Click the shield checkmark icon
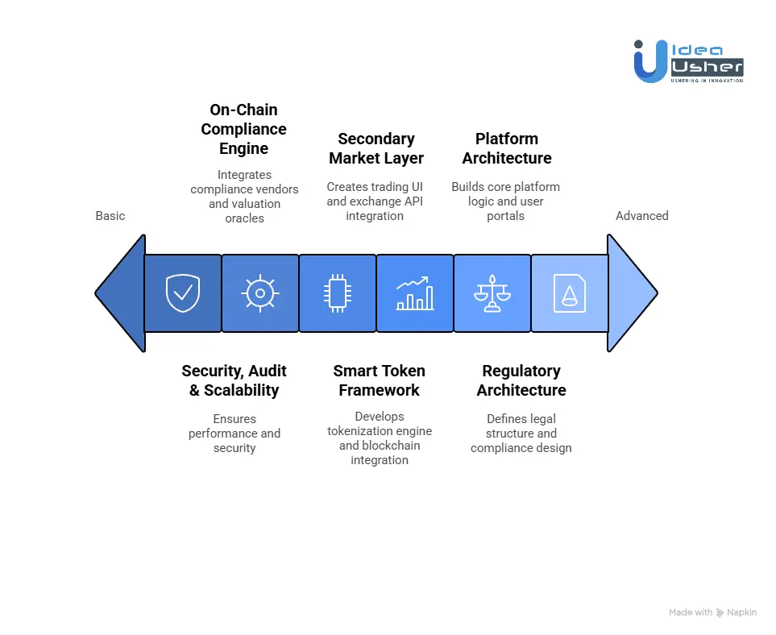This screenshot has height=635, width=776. [x=183, y=293]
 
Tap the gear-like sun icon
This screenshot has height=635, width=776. [x=259, y=293]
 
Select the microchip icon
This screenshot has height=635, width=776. [x=337, y=293]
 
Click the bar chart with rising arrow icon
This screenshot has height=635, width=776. [x=415, y=293]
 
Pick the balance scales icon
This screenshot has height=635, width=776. [x=492, y=293]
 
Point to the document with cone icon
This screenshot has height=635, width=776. [x=569, y=293]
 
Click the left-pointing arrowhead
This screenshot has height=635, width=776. [x=121, y=293]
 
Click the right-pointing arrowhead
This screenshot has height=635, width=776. [x=631, y=293]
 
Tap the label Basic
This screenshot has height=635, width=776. [x=110, y=216]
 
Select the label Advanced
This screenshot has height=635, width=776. [x=642, y=216]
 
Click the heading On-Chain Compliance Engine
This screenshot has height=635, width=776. [x=244, y=129]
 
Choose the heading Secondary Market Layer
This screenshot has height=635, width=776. [x=376, y=148]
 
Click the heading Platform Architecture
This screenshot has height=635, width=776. [x=507, y=148]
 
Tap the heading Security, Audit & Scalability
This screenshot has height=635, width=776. [x=234, y=380]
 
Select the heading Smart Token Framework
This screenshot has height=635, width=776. [x=380, y=380]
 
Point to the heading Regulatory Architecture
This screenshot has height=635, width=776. [x=521, y=380]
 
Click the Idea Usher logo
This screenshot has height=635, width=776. [x=688, y=61]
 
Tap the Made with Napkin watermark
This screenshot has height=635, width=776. [x=712, y=612]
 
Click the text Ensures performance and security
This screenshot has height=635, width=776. [x=234, y=434]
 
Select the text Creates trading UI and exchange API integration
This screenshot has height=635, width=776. [x=375, y=201]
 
